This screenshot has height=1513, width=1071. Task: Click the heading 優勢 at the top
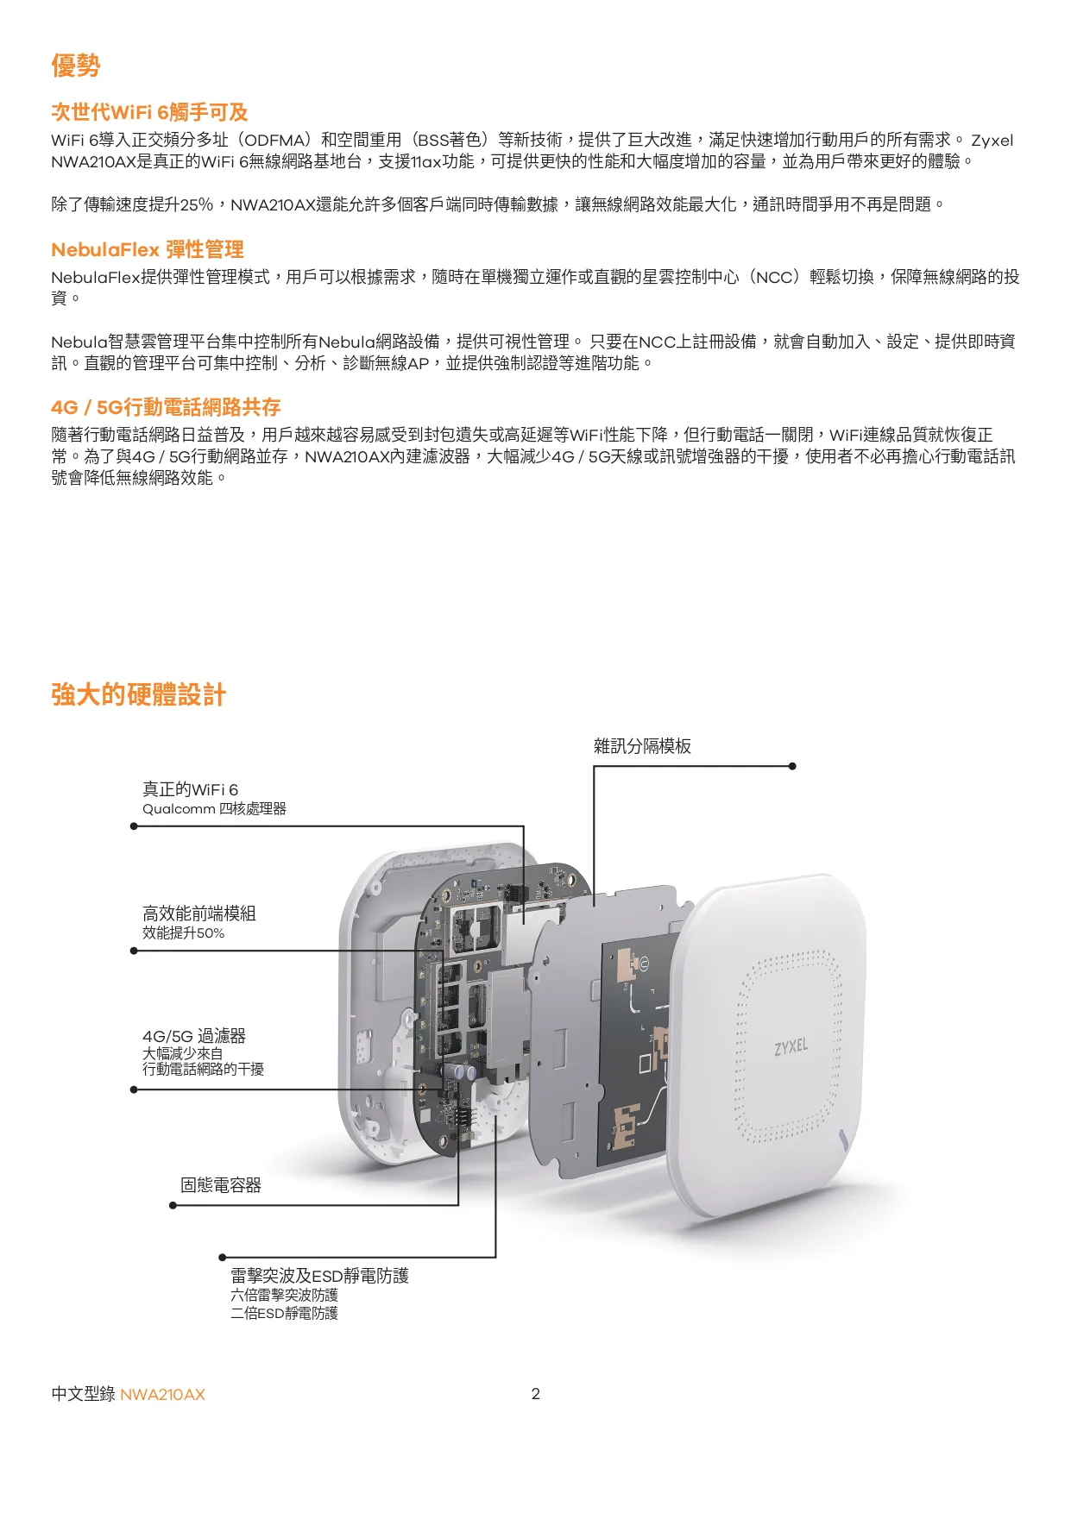click(x=76, y=66)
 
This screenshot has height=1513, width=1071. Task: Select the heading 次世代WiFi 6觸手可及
click(x=149, y=112)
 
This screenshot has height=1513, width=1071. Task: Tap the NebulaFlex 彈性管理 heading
click(x=148, y=250)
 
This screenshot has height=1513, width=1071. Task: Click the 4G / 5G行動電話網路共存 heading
click(x=166, y=407)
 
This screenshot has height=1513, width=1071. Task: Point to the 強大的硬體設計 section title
click(x=139, y=694)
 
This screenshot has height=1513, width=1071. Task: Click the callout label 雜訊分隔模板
click(x=642, y=746)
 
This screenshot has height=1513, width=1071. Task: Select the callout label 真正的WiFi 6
click(x=190, y=789)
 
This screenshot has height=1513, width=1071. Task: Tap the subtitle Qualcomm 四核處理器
click(x=214, y=809)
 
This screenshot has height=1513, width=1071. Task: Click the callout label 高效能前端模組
click(x=199, y=913)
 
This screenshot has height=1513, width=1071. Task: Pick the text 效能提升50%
click(x=183, y=933)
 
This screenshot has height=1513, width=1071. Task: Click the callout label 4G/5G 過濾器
click(x=194, y=1036)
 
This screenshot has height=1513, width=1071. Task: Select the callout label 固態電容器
click(x=221, y=1185)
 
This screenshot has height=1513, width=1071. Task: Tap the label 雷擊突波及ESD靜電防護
click(x=319, y=1276)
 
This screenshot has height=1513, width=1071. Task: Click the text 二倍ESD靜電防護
click(x=284, y=1314)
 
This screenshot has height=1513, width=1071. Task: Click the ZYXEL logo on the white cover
click(x=791, y=1046)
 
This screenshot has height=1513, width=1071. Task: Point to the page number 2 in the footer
click(x=535, y=1394)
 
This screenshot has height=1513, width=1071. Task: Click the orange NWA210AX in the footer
click(x=162, y=1395)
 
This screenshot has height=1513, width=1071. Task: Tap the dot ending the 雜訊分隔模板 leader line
click(x=792, y=766)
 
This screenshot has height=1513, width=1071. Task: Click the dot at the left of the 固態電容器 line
click(x=173, y=1205)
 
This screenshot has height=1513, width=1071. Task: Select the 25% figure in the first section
click(x=197, y=204)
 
